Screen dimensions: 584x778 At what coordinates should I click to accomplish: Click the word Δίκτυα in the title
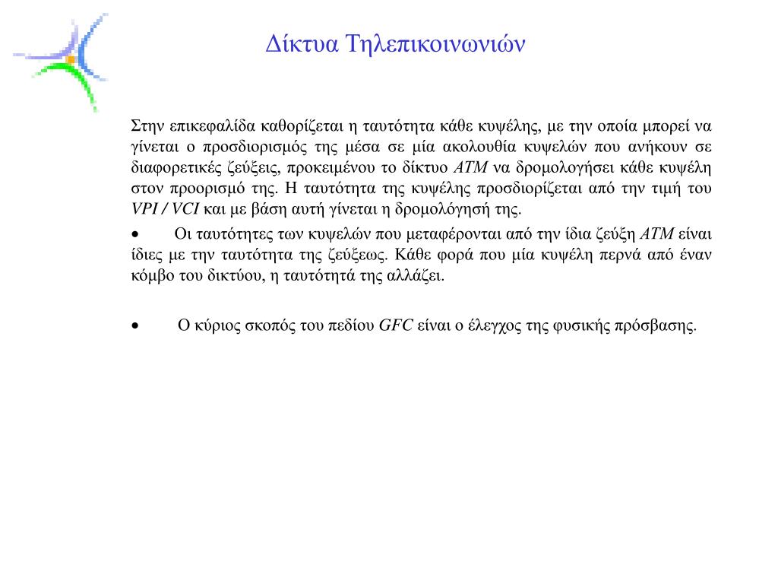point(302,43)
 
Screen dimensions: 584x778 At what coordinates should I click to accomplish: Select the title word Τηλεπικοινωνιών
point(435,43)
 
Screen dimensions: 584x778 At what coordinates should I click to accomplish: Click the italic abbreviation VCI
point(185,208)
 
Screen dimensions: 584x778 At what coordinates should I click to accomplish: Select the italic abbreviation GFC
point(395,326)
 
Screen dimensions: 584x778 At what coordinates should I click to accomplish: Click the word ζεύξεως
point(364,254)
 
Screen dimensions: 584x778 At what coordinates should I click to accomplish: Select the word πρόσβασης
point(664,326)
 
